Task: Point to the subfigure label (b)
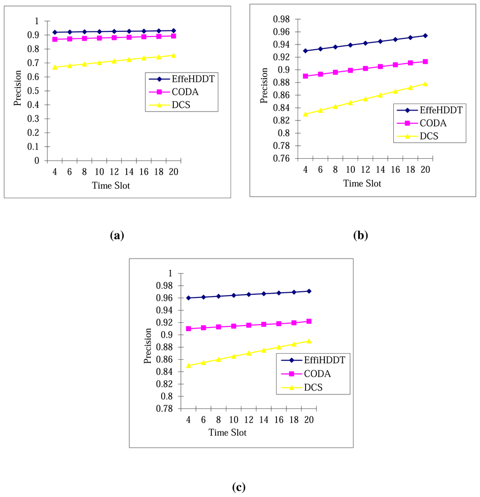coord(360,235)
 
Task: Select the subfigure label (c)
coord(238,487)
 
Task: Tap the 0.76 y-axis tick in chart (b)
coord(281,159)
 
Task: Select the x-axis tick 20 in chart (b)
coord(425,170)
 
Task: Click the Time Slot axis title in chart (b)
coord(362,184)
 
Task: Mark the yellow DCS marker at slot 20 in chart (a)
coord(173,55)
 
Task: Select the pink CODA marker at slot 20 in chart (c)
coord(309,321)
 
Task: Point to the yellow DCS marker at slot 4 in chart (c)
coord(189,365)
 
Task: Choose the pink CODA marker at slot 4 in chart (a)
coord(55,39)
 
